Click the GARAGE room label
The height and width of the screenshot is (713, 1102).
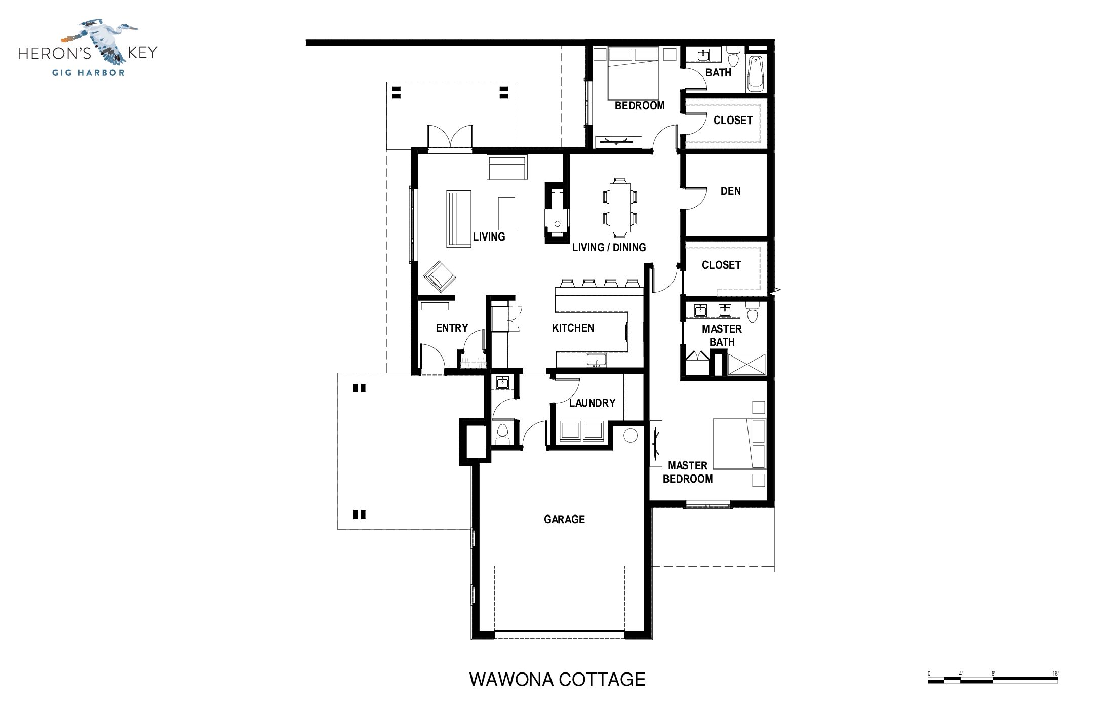[x=564, y=519]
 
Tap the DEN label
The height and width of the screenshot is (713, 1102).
[x=730, y=191]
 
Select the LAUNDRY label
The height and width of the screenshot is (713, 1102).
[x=592, y=403]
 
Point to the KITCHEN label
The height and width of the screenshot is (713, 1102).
[x=573, y=328]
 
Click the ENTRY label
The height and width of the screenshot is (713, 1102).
[x=452, y=328]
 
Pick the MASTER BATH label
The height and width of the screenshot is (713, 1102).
[x=722, y=335]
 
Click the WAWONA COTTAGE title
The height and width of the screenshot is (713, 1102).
[x=558, y=679]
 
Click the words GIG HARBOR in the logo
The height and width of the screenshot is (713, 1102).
[x=89, y=72]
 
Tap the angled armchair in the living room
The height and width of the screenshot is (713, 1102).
[x=440, y=276]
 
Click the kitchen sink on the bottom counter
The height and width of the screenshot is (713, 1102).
[x=597, y=361]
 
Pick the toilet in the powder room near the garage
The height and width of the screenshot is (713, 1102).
[x=502, y=434]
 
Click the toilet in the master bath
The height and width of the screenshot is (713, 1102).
[x=752, y=310]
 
